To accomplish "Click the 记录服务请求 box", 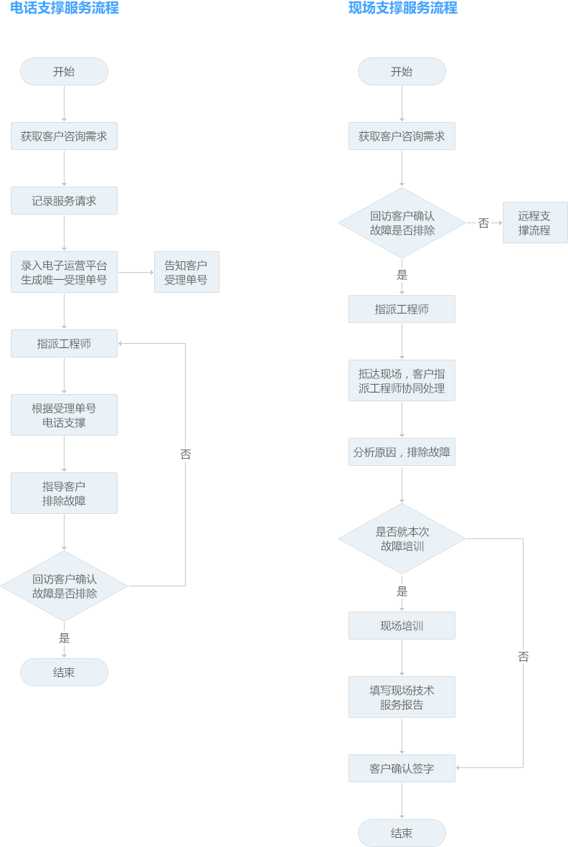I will click(64, 201).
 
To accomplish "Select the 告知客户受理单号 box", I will click(186, 272).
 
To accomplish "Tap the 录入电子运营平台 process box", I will click(64, 272).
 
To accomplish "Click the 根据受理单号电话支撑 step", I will click(64, 415).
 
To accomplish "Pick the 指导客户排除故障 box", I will click(64, 493).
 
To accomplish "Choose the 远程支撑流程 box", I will click(535, 223).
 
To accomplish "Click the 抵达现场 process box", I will click(402, 380).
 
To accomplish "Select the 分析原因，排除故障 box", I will click(402, 452).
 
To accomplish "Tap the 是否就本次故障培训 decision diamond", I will click(402, 538).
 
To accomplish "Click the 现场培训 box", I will click(402, 626).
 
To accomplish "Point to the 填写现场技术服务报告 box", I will click(402, 697).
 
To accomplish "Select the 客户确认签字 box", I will click(402, 768).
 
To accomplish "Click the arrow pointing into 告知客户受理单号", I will click(136, 273).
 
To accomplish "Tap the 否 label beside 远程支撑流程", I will click(483, 223).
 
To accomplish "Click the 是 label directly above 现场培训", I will click(402, 591).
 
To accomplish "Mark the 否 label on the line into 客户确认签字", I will click(523, 656).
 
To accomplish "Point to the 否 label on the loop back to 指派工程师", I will click(185, 454).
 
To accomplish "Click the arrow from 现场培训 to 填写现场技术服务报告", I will click(402, 658).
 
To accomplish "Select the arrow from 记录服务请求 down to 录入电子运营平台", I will click(64, 233).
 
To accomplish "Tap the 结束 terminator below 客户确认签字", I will click(402, 833).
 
